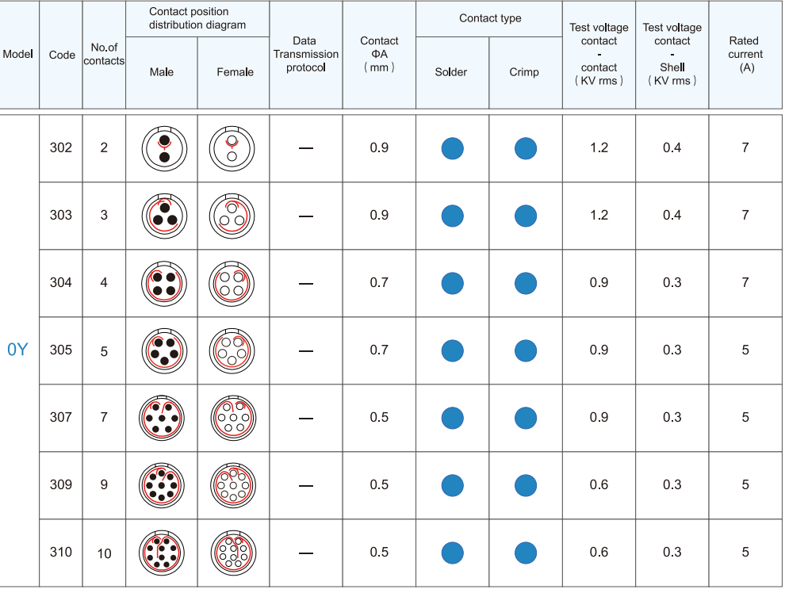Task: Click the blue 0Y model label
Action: click(x=17, y=350)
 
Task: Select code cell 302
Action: click(x=61, y=147)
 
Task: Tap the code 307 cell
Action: click(x=61, y=417)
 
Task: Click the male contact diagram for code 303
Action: click(x=162, y=216)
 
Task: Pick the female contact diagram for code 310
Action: click(x=234, y=552)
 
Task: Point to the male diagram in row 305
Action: click(x=162, y=350)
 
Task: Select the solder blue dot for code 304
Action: click(x=452, y=283)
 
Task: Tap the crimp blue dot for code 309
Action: click(x=526, y=485)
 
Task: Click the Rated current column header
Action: click(x=745, y=54)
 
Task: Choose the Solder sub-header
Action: click(x=451, y=72)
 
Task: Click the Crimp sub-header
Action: click(x=524, y=72)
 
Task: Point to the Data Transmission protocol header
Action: click(x=305, y=54)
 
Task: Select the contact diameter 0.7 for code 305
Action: click(x=379, y=350)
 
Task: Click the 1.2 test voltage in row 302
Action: click(x=599, y=147)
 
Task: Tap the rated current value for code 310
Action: click(x=745, y=552)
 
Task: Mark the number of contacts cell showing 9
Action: click(x=104, y=484)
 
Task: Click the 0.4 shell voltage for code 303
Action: click(x=672, y=215)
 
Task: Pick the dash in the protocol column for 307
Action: click(x=306, y=418)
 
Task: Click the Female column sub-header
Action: click(x=235, y=72)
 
